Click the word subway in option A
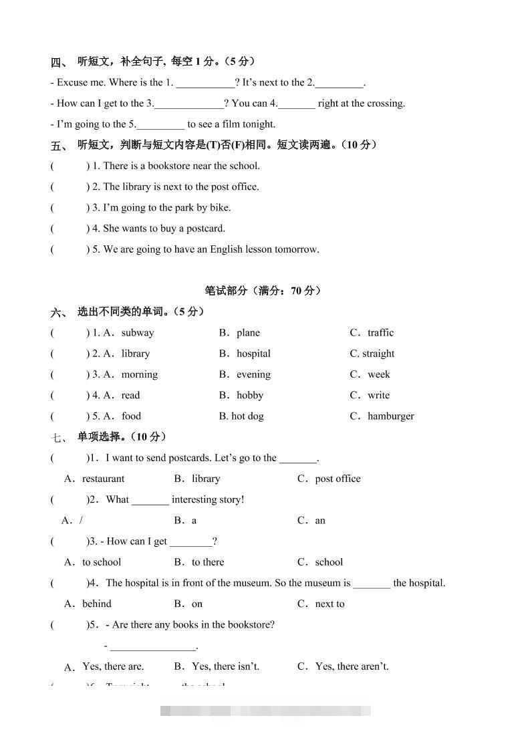tap(138, 333)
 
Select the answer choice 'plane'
tap(248, 333)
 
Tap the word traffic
tap(380, 333)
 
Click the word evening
tap(253, 374)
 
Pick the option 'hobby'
tap(250, 395)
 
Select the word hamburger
tap(391, 416)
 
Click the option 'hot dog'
tap(247, 416)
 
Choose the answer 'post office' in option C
tap(338, 479)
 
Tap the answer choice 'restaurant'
tap(103, 479)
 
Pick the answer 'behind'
tap(97, 604)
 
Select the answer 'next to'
tap(329, 604)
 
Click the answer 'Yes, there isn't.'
tap(225, 666)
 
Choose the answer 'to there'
tap(208, 562)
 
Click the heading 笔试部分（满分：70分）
tap(263, 291)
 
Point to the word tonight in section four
tap(258, 124)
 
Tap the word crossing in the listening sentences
tap(384, 103)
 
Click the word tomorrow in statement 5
tap(296, 249)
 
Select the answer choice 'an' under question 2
tap(320, 520)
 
